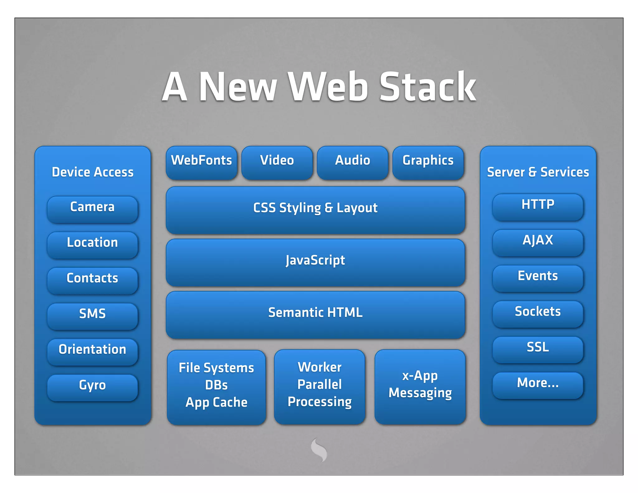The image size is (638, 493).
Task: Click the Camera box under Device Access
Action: [x=93, y=209]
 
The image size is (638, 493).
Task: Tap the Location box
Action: [x=93, y=245]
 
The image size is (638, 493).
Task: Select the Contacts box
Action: [x=93, y=280]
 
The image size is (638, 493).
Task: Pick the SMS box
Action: [x=93, y=316]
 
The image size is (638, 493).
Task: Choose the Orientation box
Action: [x=93, y=352]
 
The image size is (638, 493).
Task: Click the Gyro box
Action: [x=93, y=387]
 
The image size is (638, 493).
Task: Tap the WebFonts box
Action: [x=202, y=162]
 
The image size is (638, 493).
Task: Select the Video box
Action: [x=277, y=162]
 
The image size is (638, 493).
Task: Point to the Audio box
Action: [x=353, y=162]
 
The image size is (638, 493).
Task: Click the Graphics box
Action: [x=428, y=162]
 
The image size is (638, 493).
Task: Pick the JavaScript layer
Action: [x=315, y=262]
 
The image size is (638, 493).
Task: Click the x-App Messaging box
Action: [x=420, y=386]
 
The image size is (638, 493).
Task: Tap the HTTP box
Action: [x=538, y=207]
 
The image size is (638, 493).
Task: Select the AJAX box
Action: [x=538, y=242]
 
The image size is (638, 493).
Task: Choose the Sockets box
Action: [x=538, y=314]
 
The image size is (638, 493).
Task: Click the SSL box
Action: [x=538, y=349]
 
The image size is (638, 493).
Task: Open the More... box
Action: [x=538, y=385]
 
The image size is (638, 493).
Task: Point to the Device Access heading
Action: [x=93, y=172]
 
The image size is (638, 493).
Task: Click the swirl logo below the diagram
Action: [x=319, y=449]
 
